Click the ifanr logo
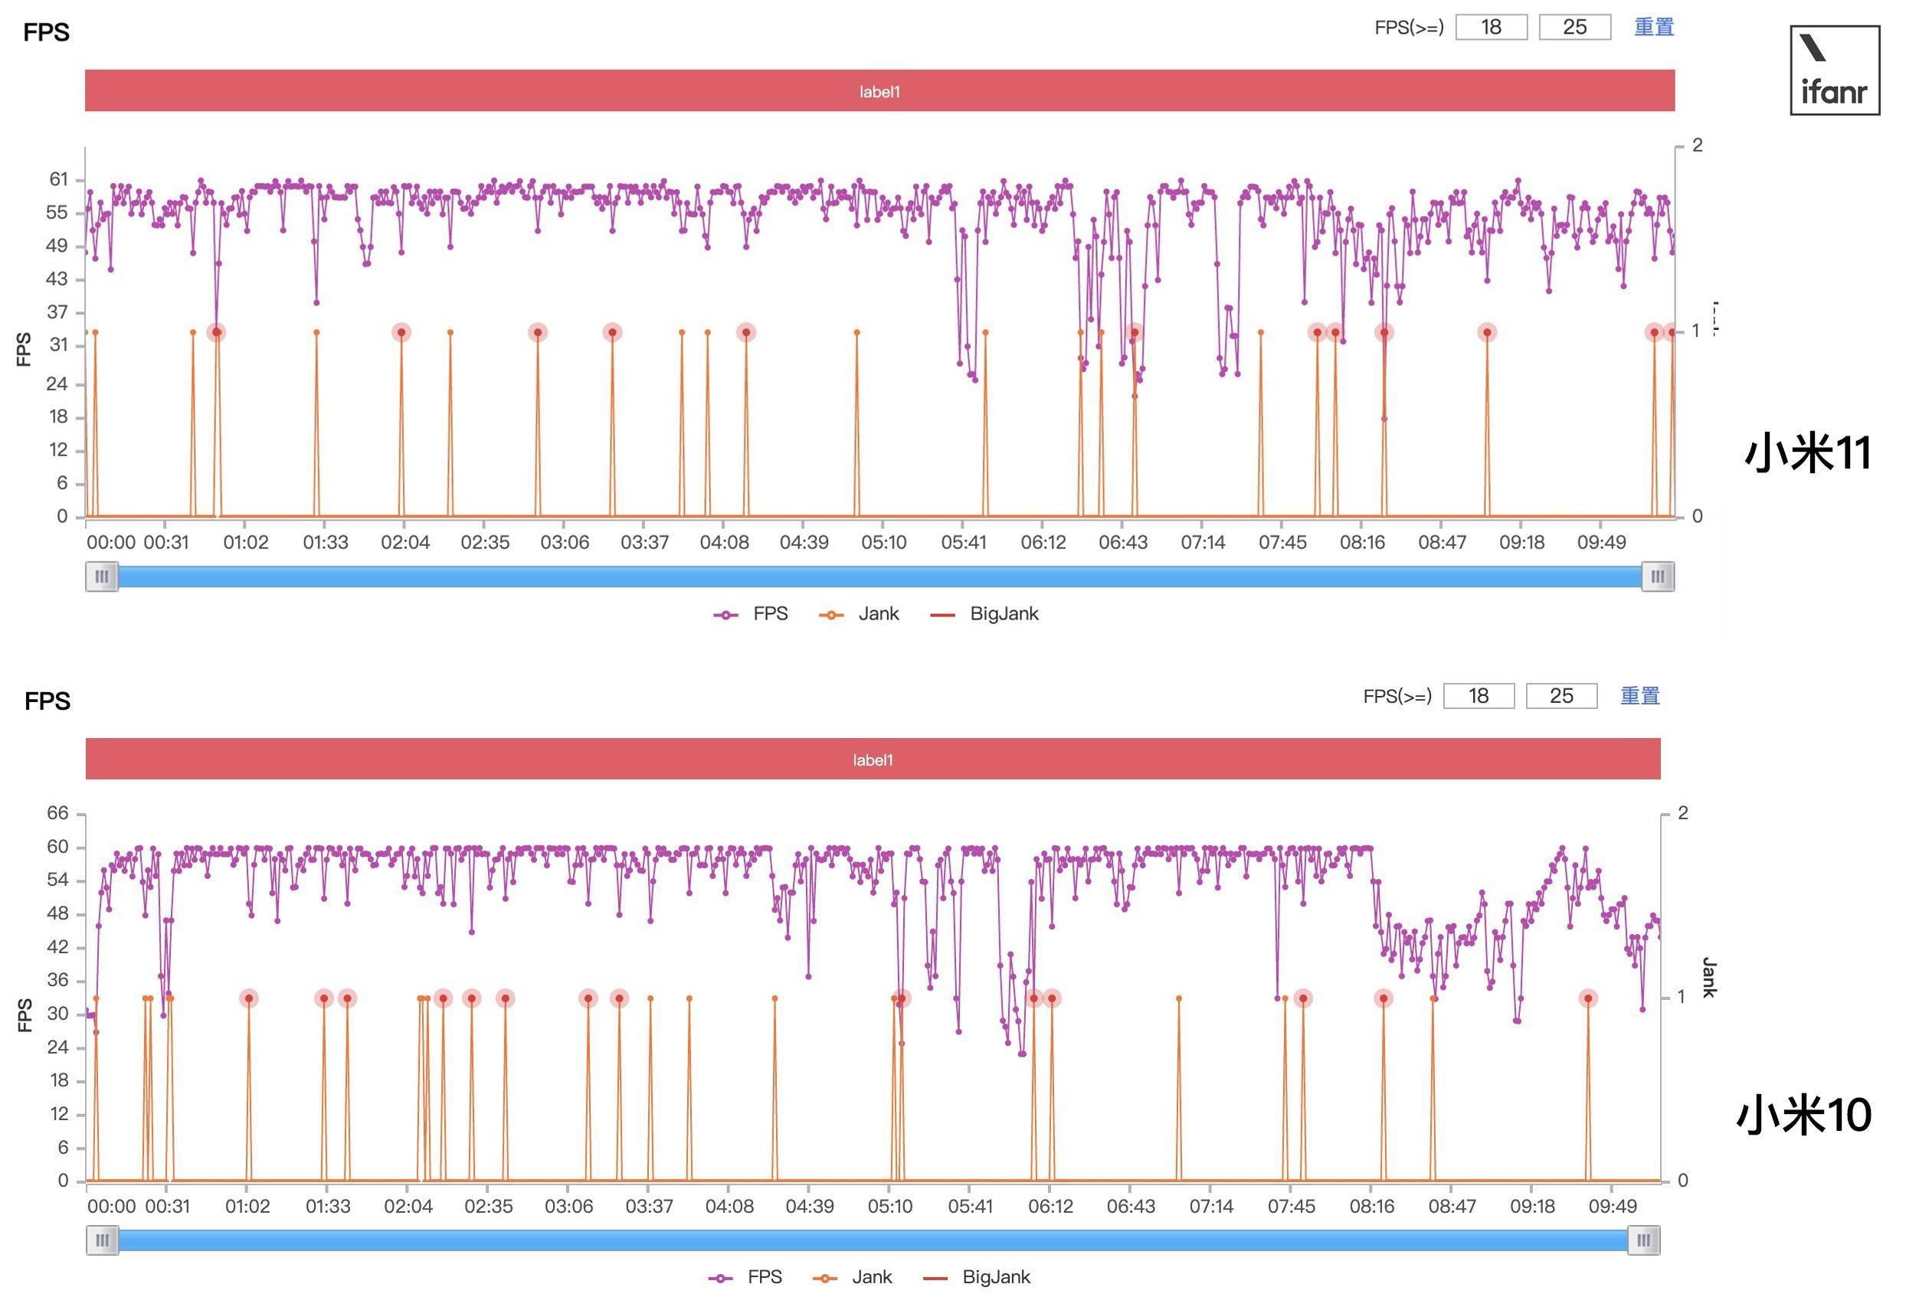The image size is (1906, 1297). [1834, 70]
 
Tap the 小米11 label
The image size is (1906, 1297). [1808, 453]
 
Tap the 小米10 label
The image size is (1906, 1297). [1804, 1115]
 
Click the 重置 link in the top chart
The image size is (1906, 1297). [1653, 27]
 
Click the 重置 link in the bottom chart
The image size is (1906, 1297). [1639, 696]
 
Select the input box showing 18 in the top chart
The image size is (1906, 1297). [1491, 27]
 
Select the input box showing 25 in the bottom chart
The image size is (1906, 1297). [1560, 696]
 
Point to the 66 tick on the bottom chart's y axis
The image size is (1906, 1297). [57, 813]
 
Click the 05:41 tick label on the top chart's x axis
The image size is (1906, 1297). [964, 543]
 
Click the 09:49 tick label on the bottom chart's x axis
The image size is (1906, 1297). [1613, 1206]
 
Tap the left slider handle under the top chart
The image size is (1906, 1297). [102, 577]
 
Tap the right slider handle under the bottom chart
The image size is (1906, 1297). [1643, 1240]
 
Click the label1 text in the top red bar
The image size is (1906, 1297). [879, 92]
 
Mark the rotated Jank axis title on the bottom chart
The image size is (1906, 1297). [1709, 977]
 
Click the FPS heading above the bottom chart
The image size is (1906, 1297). [47, 701]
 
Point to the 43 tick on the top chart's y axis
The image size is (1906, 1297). [57, 279]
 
